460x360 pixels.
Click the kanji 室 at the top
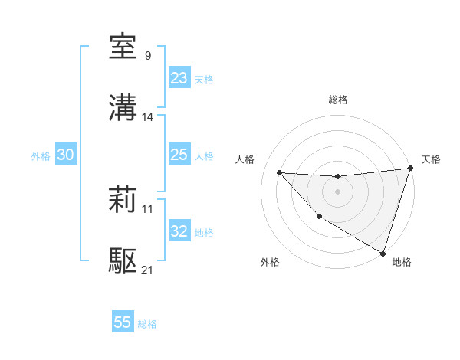[123, 47]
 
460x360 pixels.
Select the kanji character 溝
[123, 107]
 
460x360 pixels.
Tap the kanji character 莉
[123, 201]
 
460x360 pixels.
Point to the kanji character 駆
[123, 261]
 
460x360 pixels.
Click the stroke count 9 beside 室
[147, 55]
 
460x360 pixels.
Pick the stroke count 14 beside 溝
[148, 116]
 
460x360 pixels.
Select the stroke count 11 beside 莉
[148, 208]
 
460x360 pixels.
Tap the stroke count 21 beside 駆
[148, 270]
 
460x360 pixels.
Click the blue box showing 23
[179, 78]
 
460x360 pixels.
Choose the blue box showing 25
[179, 155]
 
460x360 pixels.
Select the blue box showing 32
[179, 231]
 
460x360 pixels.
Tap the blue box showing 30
[65, 155]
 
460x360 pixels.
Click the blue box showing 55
[122, 322]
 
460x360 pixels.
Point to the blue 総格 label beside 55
[147, 324]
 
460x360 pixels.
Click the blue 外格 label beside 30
[41, 156]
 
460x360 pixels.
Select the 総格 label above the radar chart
[337, 100]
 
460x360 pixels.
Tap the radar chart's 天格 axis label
[431, 159]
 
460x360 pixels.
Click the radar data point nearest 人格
[279, 172]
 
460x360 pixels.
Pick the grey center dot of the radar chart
[337, 191]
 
